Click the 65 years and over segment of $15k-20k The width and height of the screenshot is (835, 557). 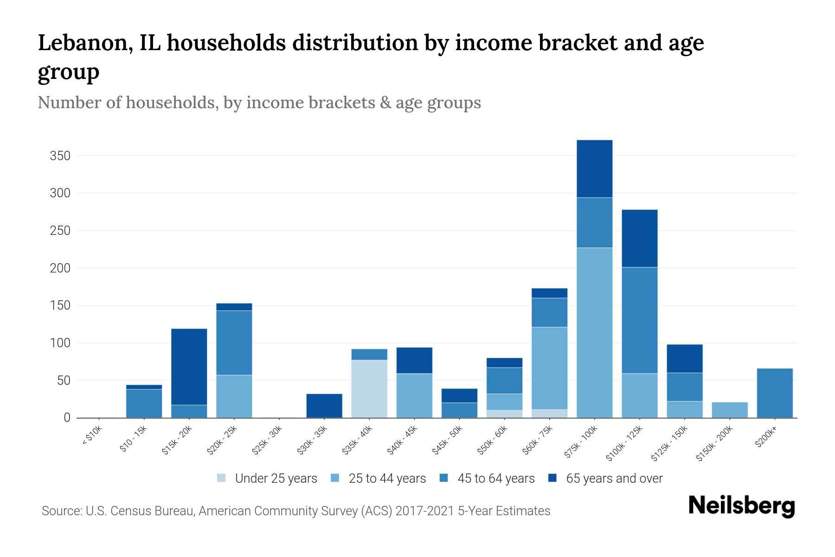point(189,367)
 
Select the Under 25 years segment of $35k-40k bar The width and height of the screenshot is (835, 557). point(369,389)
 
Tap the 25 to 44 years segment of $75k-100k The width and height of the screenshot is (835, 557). point(594,332)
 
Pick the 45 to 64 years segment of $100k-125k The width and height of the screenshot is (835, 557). point(639,320)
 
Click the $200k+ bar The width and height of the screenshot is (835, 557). point(774,393)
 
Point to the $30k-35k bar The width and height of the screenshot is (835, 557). point(324,406)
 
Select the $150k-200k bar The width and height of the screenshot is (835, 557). point(729,410)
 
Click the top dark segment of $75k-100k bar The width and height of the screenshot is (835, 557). point(594,169)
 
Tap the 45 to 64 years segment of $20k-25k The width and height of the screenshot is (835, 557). point(234,343)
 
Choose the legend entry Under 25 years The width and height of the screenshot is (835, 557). point(276,479)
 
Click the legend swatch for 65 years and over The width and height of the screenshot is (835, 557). point(552,478)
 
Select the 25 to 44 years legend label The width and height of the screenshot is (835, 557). point(387,479)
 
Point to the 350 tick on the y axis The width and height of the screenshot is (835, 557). point(60,156)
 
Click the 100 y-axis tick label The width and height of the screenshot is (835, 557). point(60,343)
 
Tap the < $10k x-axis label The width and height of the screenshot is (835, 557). point(92,437)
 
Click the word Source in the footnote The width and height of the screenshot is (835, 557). point(61,511)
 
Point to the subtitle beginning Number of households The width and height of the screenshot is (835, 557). point(259,103)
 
